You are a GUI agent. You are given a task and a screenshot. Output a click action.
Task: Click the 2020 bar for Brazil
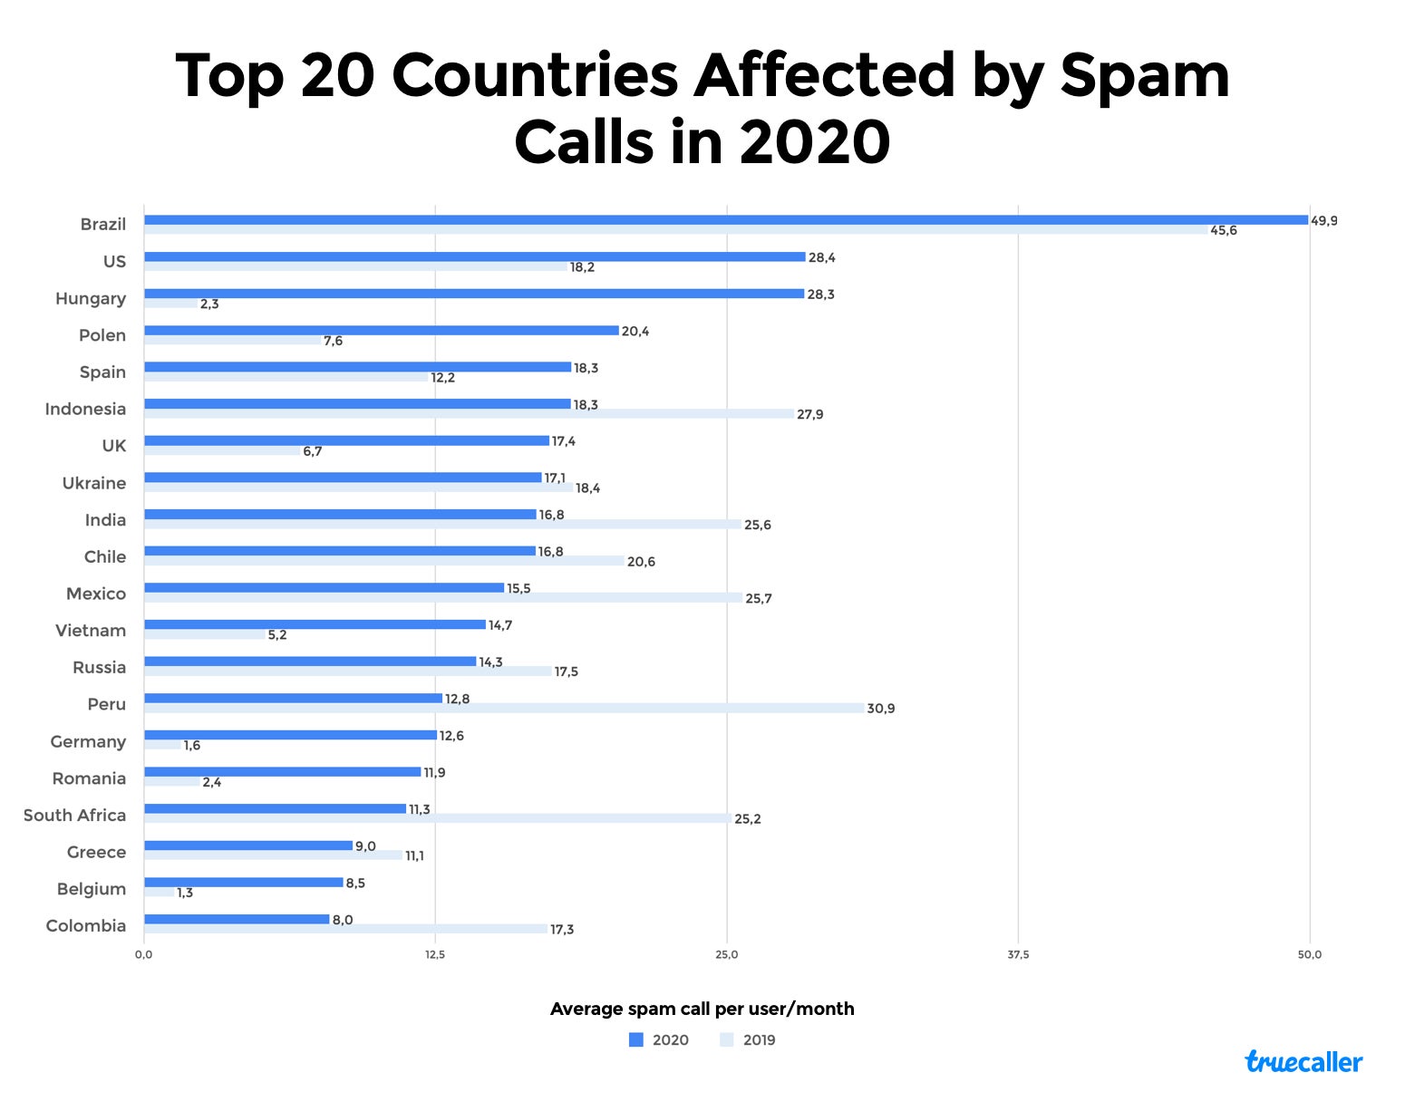725,220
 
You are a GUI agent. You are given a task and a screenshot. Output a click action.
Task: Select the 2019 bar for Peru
503,709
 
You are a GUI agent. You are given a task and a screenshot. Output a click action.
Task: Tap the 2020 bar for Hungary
474,294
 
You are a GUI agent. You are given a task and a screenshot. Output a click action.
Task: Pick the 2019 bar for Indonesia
469,414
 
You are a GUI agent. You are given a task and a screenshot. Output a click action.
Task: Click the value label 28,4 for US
822,258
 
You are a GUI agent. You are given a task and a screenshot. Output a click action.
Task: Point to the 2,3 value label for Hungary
209,304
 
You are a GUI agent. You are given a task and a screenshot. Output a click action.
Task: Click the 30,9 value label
880,709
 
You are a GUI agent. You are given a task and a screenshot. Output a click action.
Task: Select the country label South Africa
74,816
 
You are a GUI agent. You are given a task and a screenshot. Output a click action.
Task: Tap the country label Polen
102,335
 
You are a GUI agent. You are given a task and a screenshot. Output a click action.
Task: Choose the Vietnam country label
91,631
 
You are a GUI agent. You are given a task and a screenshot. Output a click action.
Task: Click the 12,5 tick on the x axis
435,954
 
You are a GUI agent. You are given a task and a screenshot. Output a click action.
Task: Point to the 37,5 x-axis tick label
1018,954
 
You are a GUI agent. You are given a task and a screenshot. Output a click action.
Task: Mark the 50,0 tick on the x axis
1310,954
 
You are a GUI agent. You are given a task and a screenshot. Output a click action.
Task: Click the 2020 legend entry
660,1040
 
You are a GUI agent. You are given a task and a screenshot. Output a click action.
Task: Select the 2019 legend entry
749,1040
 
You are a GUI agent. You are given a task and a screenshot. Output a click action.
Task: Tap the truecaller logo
1303,1062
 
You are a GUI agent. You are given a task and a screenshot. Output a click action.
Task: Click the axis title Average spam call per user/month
702,1009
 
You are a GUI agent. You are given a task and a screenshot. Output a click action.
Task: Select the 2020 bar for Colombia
237,920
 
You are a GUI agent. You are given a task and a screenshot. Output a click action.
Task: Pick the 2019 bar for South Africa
438,819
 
